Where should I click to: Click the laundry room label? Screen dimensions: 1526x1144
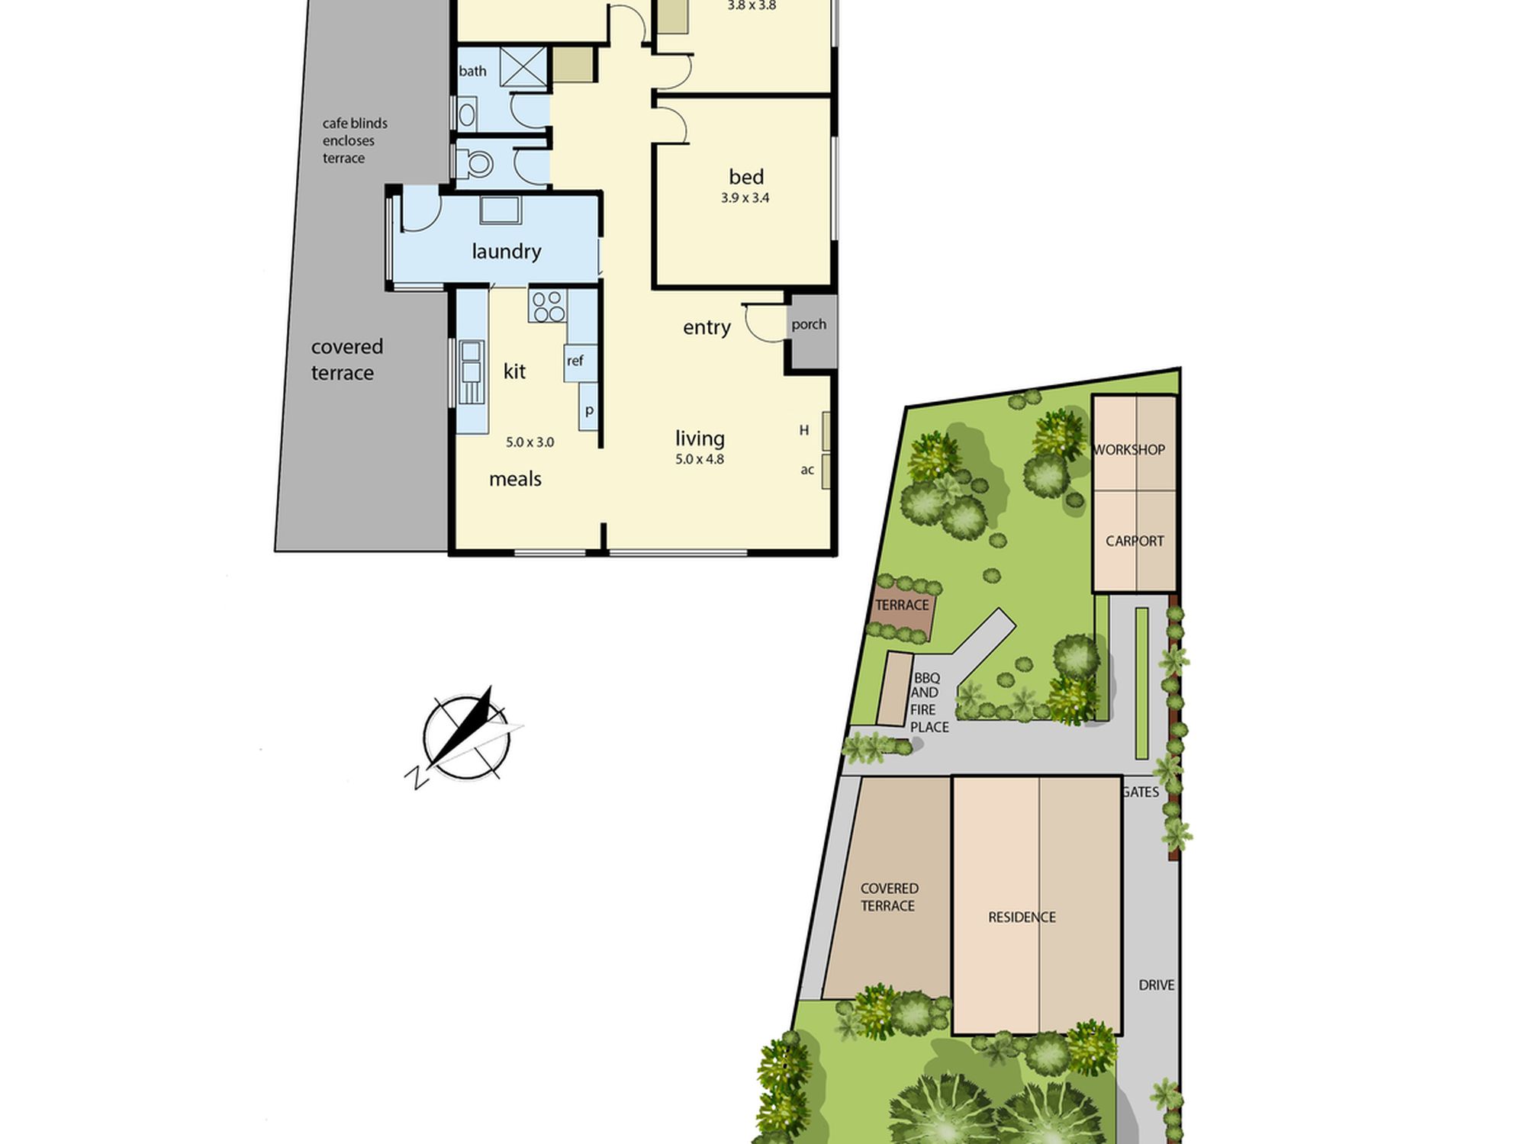[x=506, y=251]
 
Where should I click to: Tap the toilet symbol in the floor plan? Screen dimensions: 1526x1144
[x=475, y=162]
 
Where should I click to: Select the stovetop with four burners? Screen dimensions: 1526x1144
[x=547, y=306]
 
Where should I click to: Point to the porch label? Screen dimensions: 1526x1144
[x=809, y=325]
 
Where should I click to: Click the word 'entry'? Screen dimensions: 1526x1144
[x=707, y=327]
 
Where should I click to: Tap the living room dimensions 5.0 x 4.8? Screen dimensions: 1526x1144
[x=700, y=459]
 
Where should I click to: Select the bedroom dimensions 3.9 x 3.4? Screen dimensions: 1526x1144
[x=745, y=198]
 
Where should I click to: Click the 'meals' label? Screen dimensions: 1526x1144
[x=515, y=479]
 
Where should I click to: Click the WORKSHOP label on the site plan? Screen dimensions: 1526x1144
[x=1129, y=450]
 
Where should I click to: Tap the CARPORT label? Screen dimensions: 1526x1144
[x=1135, y=541]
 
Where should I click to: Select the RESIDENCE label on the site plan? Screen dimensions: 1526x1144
[x=1022, y=917]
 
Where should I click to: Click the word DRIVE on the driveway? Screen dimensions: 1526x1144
[x=1156, y=985]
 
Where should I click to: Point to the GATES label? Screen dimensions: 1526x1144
[x=1141, y=792]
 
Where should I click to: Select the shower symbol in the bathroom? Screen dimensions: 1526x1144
[x=523, y=66]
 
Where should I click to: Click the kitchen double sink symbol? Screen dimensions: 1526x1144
[x=471, y=372]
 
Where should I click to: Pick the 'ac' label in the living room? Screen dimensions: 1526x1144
[x=807, y=470]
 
